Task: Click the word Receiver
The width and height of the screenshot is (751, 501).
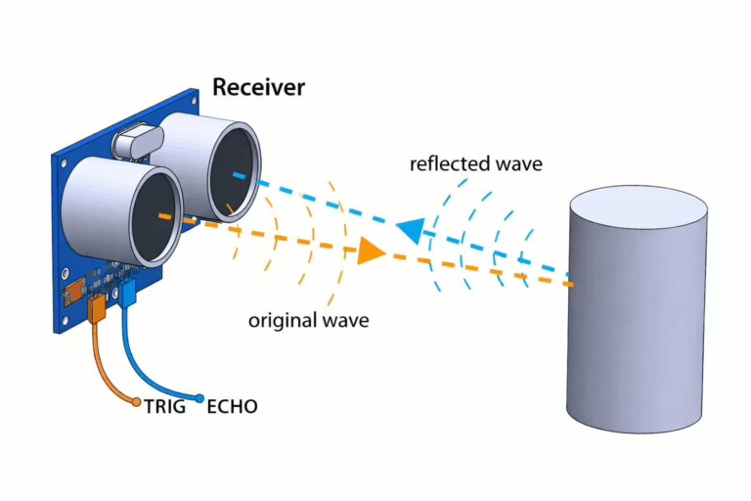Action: [x=258, y=87]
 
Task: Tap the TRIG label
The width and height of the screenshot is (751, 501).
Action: [x=165, y=406]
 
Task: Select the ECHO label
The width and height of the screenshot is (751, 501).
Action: [x=233, y=406]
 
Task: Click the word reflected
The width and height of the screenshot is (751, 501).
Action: [x=450, y=164]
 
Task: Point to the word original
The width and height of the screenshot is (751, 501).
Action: [x=282, y=320]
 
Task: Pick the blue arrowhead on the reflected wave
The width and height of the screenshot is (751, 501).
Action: [x=411, y=230]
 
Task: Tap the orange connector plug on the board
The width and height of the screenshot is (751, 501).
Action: [x=97, y=309]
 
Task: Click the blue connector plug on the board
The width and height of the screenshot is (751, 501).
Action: [x=127, y=294]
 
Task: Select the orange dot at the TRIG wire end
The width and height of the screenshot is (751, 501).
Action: [x=137, y=402]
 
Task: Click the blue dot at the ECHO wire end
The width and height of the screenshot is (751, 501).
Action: [x=199, y=398]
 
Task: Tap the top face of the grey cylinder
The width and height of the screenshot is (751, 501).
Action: [x=639, y=207]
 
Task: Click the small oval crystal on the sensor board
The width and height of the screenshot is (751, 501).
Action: [x=138, y=141]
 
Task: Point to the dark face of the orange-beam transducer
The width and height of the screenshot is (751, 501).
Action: [x=155, y=219]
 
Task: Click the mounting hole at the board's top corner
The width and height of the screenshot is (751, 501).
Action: [x=194, y=100]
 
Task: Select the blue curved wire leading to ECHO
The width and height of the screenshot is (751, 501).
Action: [x=149, y=367]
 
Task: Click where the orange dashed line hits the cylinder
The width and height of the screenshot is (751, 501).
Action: [x=571, y=285]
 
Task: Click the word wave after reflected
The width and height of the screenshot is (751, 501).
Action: [x=519, y=164]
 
